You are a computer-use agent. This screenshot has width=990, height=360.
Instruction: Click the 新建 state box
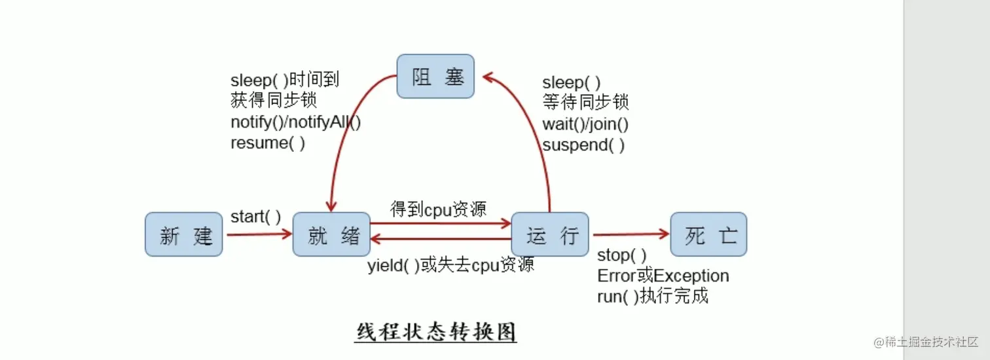(184, 234)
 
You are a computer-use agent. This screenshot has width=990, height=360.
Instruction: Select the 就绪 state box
(331, 234)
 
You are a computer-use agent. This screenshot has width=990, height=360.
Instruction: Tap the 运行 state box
(549, 234)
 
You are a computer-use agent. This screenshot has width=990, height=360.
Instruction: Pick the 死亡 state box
(708, 234)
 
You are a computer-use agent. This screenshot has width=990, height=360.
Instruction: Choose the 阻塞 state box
(435, 77)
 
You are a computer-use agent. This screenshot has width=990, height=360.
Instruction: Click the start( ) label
(255, 217)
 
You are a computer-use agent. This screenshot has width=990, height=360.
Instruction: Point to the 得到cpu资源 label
(438, 209)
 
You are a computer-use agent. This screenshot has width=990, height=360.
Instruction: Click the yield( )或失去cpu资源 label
(450, 265)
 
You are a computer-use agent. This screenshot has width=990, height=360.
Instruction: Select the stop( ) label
(621, 255)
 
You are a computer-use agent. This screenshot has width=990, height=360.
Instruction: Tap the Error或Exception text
(663, 276)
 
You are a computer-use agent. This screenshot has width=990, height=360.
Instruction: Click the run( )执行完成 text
(652, 296)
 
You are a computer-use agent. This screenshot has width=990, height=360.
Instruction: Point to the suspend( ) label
(583, 145)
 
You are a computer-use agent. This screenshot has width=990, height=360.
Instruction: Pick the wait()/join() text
(585, 124)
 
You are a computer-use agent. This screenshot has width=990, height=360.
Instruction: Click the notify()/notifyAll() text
(296, 122)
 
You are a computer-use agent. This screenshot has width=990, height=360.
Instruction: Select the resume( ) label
(268, 143)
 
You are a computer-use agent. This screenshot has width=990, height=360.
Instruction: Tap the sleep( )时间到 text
(285, 81)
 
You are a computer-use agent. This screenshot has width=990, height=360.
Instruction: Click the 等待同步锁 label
(585, 103)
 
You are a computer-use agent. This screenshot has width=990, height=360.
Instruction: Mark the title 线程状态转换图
(436, 332)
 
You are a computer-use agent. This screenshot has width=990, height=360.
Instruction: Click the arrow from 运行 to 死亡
(630, 234)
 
